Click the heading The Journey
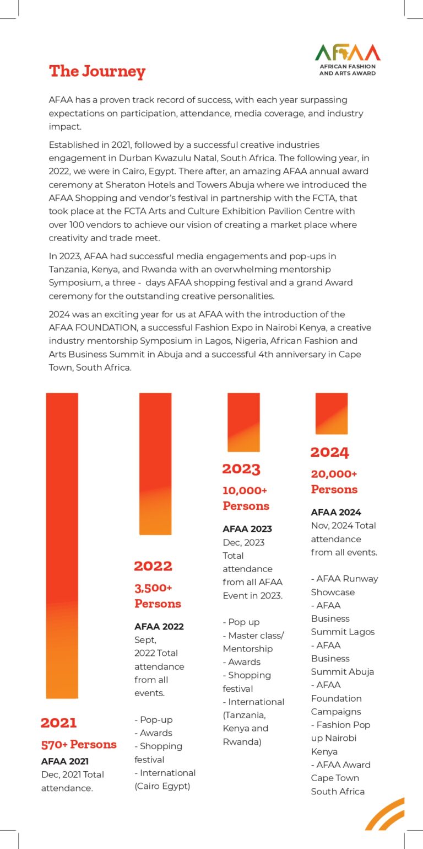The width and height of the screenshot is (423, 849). click(x=97, y=71)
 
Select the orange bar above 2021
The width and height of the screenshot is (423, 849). click(x=62, y=545)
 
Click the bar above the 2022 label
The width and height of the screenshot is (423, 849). click(x=155, y=463)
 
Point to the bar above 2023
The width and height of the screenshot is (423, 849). click(x=243, y=422)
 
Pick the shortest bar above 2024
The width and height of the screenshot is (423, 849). click(x=331, y=413)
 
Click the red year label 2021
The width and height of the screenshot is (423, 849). click(x=58, y=723)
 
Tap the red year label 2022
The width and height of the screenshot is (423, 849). click(x=153, y=565)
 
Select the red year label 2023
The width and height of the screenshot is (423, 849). click(x=241, y=469)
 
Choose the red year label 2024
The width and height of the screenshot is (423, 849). click(x=329, y=452)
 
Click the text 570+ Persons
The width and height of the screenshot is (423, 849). click(x=79, y=744)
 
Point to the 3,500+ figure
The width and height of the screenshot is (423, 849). click(x=154, y=588)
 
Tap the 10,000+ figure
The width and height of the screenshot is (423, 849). click(x=245, y=490)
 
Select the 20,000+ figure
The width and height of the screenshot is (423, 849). click(x=334, y=474)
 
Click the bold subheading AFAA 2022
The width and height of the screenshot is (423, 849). click(x=159, y=626)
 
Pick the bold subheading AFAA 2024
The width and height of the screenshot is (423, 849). click(x=336, y=512)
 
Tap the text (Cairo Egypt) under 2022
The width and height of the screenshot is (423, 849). click(x=162, y=786)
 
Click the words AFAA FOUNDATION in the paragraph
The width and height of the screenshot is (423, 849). click(x=88, y=328)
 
